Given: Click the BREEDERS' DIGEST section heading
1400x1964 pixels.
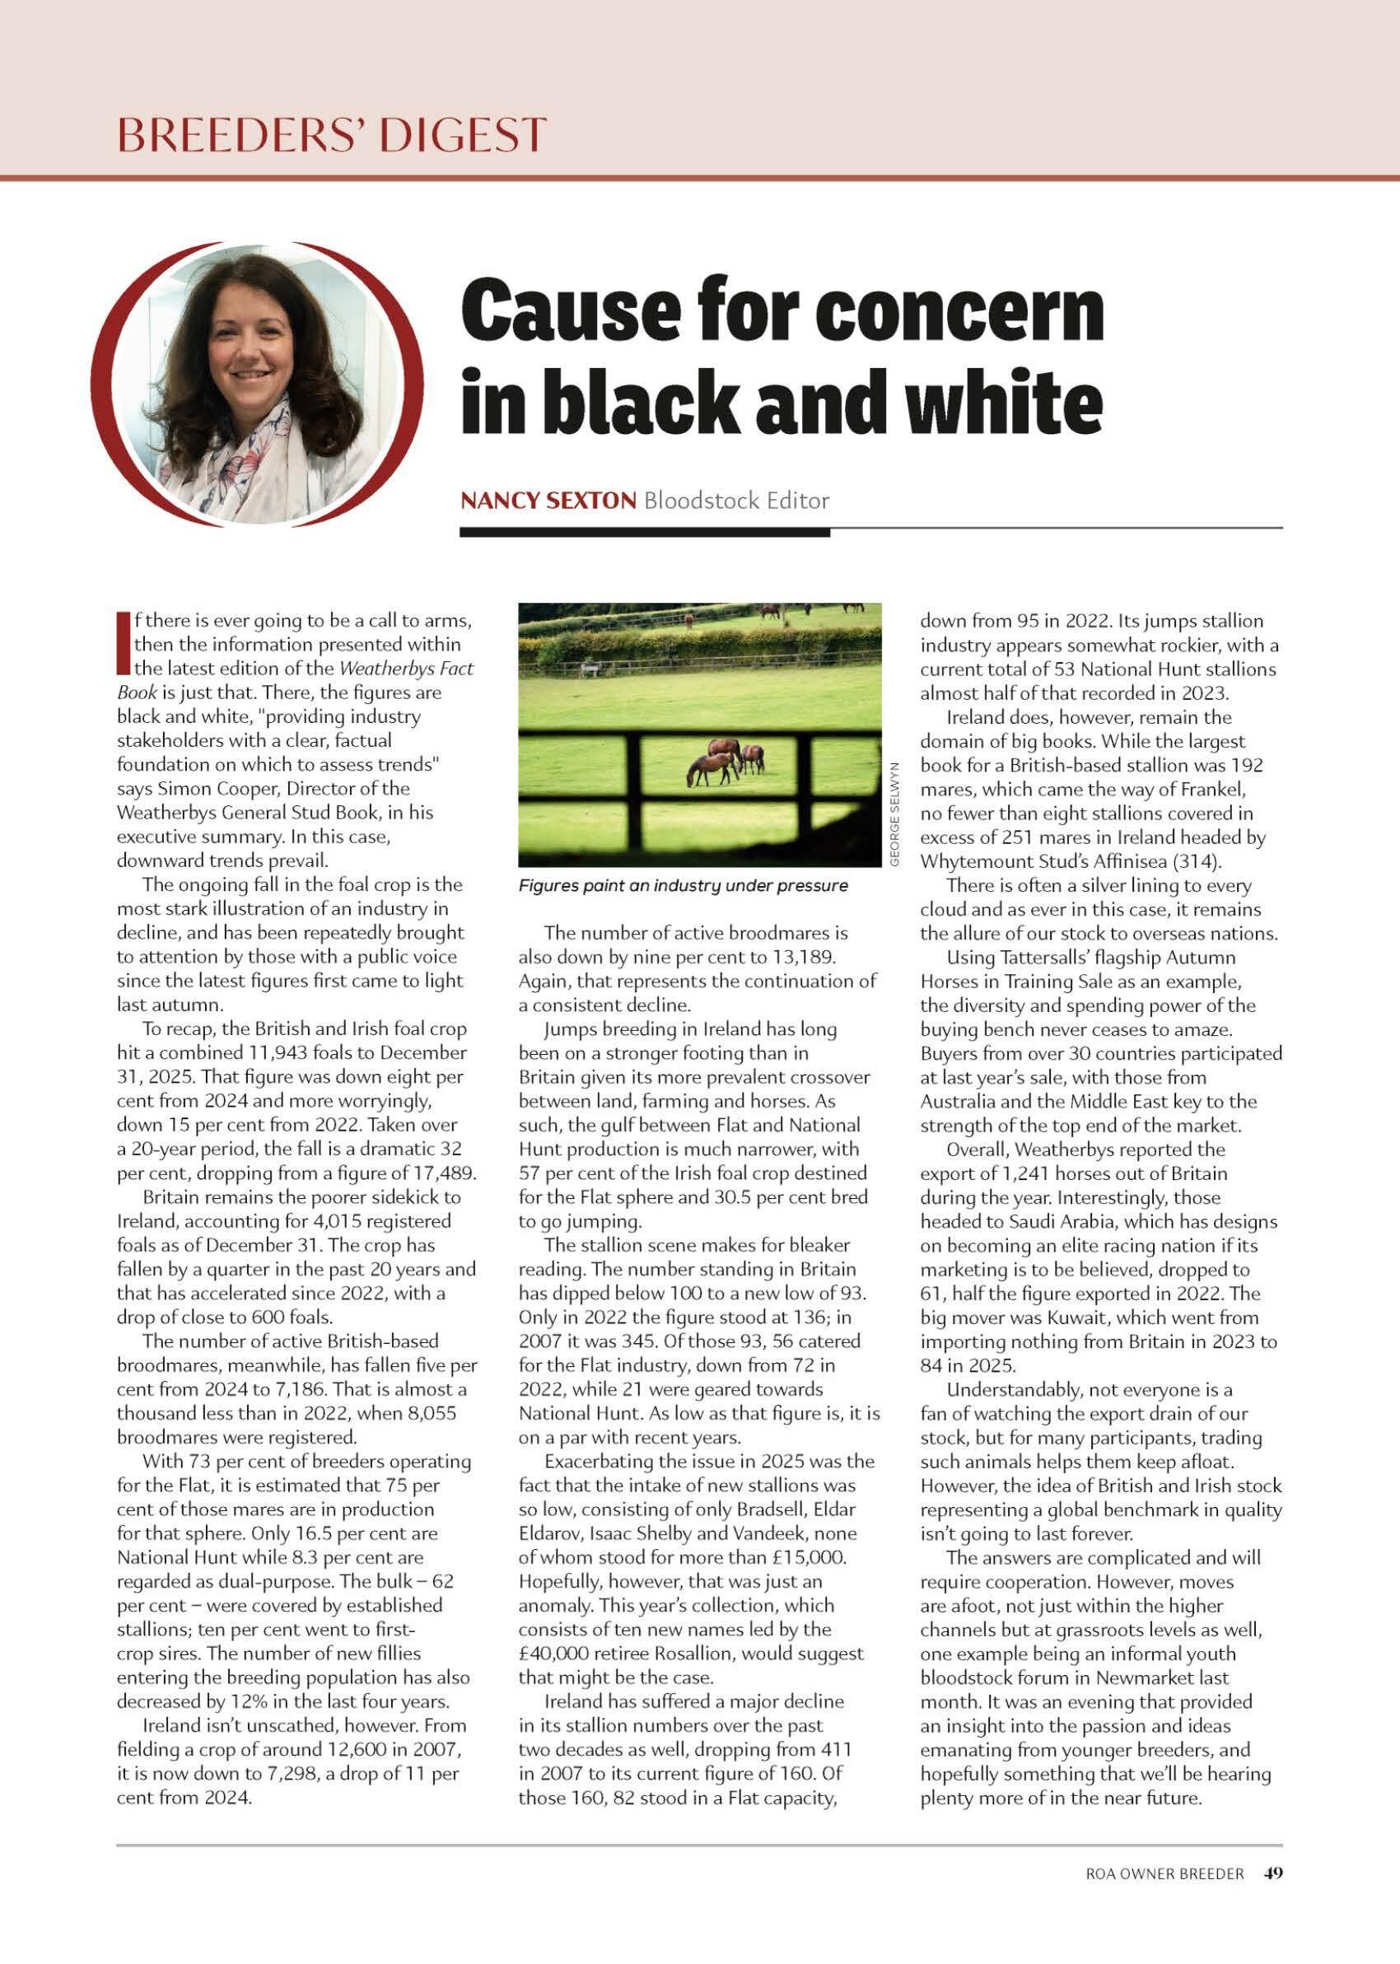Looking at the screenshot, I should (x=332, y=134).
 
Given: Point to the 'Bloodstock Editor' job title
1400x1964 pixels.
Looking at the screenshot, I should (x=736, y=500).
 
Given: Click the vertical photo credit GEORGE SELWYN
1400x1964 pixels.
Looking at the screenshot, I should (x=895, y=814).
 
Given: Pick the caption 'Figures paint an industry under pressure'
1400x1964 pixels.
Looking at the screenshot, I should (x=683, y=886).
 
